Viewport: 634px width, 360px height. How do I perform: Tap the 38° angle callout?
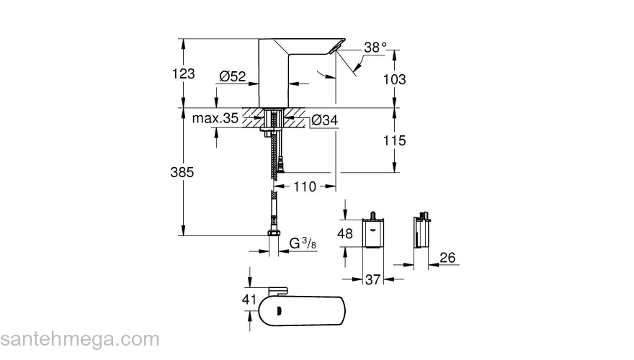[375, 47]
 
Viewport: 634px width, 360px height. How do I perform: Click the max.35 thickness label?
[215, 118]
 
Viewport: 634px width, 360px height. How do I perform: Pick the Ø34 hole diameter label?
[324, 120]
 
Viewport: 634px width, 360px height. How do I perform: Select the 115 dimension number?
[394, 141]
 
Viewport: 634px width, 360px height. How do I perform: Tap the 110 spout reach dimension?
[305, 186]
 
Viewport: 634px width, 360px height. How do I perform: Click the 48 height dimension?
[347, 233]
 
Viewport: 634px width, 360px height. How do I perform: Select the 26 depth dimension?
[447, 257]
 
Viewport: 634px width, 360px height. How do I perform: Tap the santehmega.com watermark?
[79, 338]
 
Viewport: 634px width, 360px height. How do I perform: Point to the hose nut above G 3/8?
[274, 233]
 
